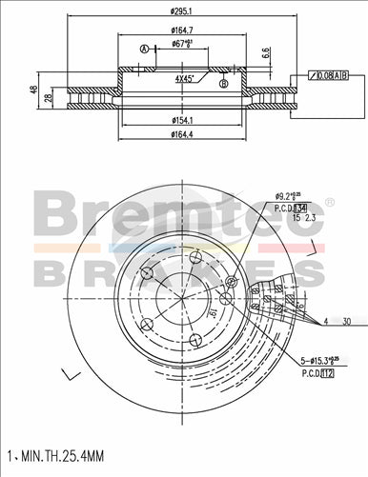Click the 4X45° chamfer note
point(184,79)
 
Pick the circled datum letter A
point(144,50)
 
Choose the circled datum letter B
point(223,85)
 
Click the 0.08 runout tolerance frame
point(330,75)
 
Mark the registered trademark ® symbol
point(331,202)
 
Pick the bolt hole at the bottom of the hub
point(194,340)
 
